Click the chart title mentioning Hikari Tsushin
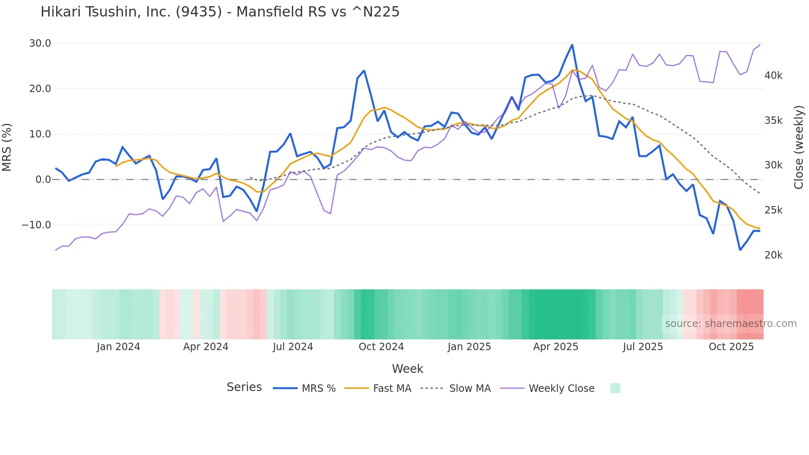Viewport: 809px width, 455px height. tap(220, 12)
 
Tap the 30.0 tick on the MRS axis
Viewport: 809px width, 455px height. tap(40, 43)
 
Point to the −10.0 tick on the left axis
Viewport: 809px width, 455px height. tap(36, 225)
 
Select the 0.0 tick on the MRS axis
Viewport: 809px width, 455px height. tap(43, 180)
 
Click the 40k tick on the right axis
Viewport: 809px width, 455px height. tap(773, 76)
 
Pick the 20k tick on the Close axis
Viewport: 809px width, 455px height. tap(773, 255)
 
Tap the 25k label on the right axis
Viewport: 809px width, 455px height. tap(773, 210)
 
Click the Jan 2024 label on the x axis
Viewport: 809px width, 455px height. tap(118, 347)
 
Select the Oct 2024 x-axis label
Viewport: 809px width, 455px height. tap(381, 347)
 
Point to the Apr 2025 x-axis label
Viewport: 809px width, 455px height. tap(556, 347)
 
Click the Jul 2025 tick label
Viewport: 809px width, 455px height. tap(643, 347)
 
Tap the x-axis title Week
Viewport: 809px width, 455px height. tap(407, 369)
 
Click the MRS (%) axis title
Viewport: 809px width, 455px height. tap(7, 147)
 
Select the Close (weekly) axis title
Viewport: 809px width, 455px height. tap(799, 147)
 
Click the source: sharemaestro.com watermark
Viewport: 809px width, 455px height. tap(731, 324)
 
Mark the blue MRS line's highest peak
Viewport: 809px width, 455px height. tap(572, 45)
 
